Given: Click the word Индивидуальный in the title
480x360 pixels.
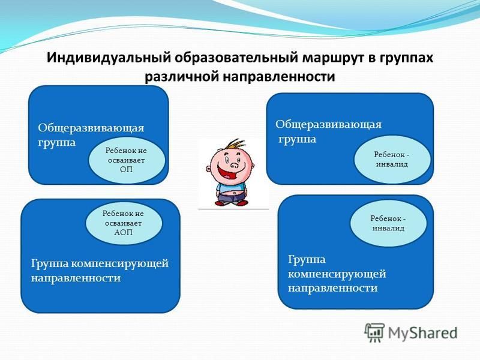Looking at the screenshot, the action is (x=109, y=58).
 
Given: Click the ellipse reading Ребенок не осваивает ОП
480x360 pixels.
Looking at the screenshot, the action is (x=127, y=160).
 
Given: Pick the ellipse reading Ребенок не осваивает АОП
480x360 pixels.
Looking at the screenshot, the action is (x=124, y=223).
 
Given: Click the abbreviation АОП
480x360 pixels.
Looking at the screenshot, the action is (x=124, y=232).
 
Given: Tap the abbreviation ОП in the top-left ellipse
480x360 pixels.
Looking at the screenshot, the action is (x=127, y=170).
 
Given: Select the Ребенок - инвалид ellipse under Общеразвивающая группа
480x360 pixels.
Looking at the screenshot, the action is (x=392, y=160).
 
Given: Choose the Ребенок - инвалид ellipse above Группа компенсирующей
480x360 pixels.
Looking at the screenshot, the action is (x=388, y=223).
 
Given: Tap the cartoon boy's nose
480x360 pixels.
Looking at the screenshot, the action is (x=234, y=166).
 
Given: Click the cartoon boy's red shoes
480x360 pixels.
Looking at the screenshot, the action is (x=232, y=202).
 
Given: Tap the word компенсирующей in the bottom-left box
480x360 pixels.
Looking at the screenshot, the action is (x=119, y=264).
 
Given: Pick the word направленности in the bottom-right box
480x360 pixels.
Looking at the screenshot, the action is (x=333, y=288).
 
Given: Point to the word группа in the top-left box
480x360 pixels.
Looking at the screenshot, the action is (x=56, y=143).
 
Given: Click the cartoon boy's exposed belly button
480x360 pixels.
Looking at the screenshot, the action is (x=235, y=193).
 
